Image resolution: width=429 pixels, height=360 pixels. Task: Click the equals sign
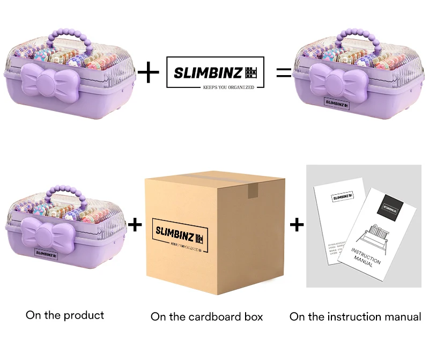pyautogui.click(x=284, y=72)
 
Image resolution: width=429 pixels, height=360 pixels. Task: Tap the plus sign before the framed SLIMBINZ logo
pyautogui.click(x=149, y=72)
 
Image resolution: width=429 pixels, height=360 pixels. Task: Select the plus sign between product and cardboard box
pyautogui.click(x=136, y=224)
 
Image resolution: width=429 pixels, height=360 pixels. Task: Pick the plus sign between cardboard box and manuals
pyautogui.click(x=297, y=224)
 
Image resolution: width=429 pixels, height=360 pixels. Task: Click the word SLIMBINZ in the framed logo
pyautogui.click(x=208, y=72)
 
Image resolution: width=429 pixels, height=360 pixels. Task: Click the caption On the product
pyautogui.click(x=65, y=315)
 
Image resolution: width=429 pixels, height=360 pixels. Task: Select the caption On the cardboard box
pyautogui.click(x=207, y=317)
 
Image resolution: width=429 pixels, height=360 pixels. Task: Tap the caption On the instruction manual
pyautogui.click(x=356, y=317)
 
